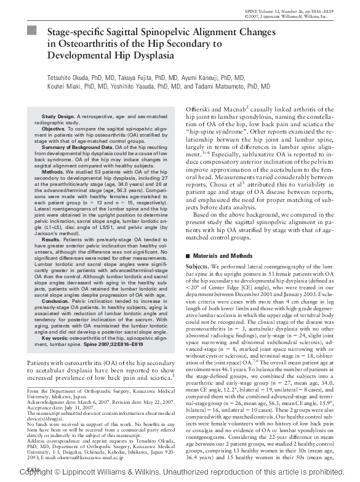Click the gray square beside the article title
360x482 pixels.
coord(33,30)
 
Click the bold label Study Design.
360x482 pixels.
coord(58,116)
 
